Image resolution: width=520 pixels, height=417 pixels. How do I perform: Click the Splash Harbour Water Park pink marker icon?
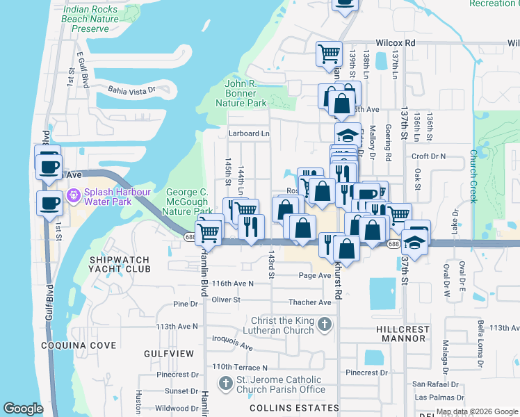tap(72, 197)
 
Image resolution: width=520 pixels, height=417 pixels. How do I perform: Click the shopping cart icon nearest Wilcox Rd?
tap(329, 53)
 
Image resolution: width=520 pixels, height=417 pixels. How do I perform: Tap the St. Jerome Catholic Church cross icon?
tap(225, 384)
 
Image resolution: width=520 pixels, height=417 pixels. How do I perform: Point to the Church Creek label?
tap(473, 177)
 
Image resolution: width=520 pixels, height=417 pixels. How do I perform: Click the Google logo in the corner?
tap(24, 409)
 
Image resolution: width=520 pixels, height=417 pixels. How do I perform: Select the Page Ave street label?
tap(314, 275)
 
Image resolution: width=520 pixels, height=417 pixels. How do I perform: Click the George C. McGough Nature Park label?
tap(189, 202)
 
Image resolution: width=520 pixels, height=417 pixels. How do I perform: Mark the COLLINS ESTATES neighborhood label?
tap(304, 408)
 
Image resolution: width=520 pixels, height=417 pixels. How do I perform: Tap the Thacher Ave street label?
tap(310, 302)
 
